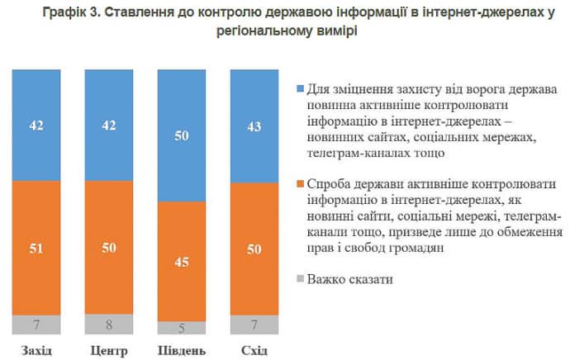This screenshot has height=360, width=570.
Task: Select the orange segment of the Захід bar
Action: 36,248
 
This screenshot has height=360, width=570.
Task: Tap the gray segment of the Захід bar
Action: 36,324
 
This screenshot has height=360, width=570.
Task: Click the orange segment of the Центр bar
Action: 109,246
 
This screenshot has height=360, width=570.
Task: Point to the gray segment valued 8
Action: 109,323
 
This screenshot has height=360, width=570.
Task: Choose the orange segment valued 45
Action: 182,263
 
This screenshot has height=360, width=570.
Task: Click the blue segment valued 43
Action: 254,126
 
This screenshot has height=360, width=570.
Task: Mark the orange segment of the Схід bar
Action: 254,248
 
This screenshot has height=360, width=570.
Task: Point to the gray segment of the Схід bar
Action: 254,324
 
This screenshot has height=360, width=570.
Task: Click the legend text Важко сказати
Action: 349,279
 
